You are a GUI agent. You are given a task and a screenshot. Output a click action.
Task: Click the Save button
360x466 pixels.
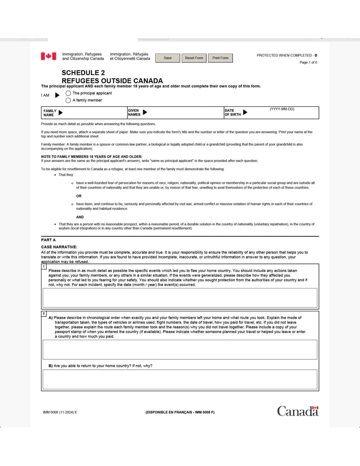(x=168, y=58)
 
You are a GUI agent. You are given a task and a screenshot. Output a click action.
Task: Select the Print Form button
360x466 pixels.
(x=220, y=58)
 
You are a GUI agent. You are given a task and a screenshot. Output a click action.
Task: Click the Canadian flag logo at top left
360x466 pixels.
(x=48, y=56)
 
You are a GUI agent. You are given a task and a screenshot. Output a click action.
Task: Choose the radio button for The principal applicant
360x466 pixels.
(x=68, y=93)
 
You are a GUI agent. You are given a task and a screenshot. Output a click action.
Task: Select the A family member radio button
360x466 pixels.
(x=68, y=100)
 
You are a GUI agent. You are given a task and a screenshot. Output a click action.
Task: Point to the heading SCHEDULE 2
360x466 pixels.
(x=83, y=72)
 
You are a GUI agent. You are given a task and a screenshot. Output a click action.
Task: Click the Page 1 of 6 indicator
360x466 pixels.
(x=308, y=63)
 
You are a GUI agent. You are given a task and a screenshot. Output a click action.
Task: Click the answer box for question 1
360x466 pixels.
(x=180, y=298)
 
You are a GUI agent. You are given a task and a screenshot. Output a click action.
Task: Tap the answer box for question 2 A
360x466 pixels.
(x=180, y=349)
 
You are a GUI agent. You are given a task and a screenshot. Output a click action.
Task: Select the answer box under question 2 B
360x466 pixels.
(x=180, y=379)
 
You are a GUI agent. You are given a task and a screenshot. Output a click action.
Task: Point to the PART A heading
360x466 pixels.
(x=48, y=240)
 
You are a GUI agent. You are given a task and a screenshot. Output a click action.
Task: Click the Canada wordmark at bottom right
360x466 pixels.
(x=297, y=411)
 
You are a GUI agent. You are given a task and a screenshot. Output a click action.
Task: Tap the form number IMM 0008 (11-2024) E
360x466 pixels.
(x=60, y=412)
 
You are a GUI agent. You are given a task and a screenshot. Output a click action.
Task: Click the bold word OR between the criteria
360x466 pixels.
(x=79, y=196)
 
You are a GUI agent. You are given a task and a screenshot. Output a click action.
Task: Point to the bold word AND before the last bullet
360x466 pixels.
(x=80, y=217)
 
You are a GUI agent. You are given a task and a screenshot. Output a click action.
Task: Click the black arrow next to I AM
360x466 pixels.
(x=58, y=95)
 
